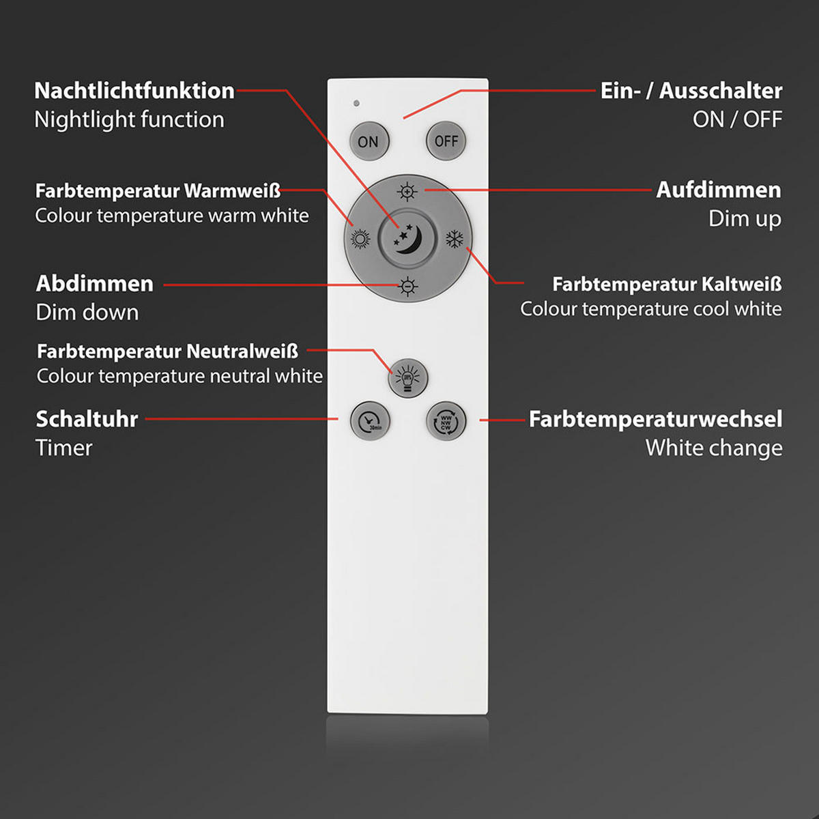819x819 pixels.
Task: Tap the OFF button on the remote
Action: pyautogui.click(x=446, y=141)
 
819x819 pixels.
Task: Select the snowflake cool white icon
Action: pyautogui.click(x=455, y=239)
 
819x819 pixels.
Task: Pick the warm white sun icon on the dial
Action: pyautogui.click(x=360, y=239)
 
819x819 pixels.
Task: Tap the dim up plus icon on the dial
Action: pyautogui.click(x=407, y=192)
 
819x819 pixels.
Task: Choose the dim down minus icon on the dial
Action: pyautogui.click(x=407, y=287)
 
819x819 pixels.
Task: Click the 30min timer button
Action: pyautogui.click(x=370, y=421)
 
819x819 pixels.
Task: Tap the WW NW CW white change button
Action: pyautogui.click(x=446, y=421)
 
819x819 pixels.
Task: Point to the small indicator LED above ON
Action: pyautogui.click(x=356, y=104)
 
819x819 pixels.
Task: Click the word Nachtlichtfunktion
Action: pyautogui.click(x=134, y=91)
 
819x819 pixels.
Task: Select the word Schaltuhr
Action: pyautogui.click(x=87, y=419)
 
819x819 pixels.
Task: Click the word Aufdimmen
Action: pyautogui.click(x=718, y=190)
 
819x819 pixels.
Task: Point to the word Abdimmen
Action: pyautogui.click(x=94, y=283)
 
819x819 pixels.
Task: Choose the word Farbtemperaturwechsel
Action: pyautogui.click(x=655, y=419)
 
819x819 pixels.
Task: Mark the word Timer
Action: pyautogui.click(x=63, y=448)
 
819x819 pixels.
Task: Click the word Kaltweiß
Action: pyautogui.click(x=741, y=284)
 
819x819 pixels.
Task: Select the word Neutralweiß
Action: pyautogui.click(x=242, y=351)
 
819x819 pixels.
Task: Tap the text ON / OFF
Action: pyautogui.click(x=737, y=119)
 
